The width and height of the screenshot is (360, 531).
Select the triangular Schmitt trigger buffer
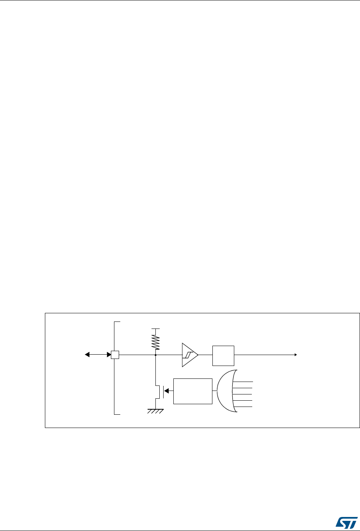point(189,355)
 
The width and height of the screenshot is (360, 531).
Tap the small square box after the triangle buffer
point(223,355)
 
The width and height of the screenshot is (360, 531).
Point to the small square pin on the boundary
point(115,355)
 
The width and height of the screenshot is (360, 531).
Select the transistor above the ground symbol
point(158,391)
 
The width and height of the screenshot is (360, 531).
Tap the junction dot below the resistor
point(156,355)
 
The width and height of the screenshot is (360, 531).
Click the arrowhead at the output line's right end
point(296,355)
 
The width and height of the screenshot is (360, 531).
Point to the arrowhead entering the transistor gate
point(166,391)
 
